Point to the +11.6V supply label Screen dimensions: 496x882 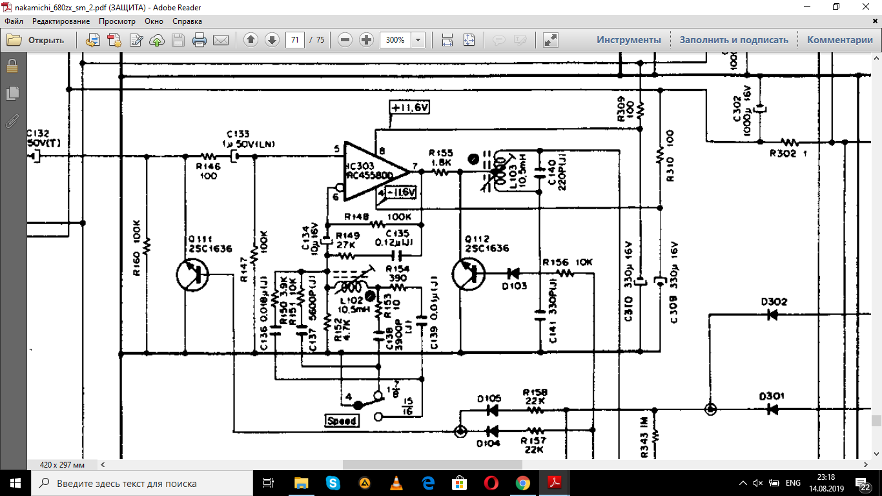click(x=409, y=107)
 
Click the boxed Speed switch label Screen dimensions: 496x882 click(x=342, y=421)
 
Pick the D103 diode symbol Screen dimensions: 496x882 click(x=515, y=273)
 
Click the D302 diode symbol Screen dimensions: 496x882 click(x=772, y=315)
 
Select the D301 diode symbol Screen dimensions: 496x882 click(x=772, y=409)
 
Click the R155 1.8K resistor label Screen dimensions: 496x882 click(x=441, y=158)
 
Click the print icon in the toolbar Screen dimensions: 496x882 click(x=199, y=40)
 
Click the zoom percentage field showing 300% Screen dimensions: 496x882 click(x=395, y=40)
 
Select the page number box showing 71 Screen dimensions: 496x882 click(x=295, y=40)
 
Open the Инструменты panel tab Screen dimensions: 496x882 click(x=628, y=40)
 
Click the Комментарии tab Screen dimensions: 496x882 click(x=839, y=40)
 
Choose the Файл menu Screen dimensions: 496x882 click(x=14, y=21)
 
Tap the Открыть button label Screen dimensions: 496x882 click(x=46, y=40)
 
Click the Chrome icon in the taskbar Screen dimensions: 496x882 click(x=523, y=483)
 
